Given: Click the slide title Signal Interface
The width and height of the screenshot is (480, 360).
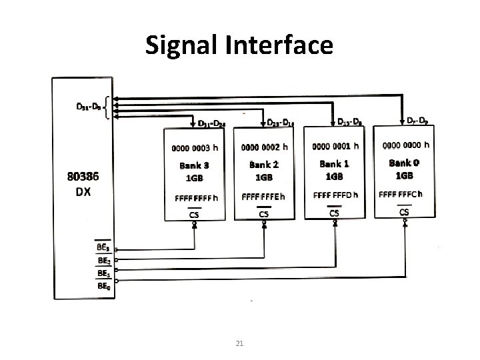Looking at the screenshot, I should pyautogui.click(x=239, y=45).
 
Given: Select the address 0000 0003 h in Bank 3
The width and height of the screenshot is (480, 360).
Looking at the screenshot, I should pyautogui.click(x=195, y=146).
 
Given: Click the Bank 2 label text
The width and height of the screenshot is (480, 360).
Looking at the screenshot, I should pyautogui.click(x=264, y=164).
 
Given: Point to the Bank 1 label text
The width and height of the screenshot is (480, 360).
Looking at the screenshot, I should pyautogui.click(x=333, y=163).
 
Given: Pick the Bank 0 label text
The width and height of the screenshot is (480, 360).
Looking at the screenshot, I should pyautogui.click(x=405, y=163).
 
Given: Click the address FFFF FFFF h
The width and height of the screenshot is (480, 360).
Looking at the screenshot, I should pyautogui.click(x=196, y=198).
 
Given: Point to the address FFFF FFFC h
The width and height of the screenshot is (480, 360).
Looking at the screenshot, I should pyautogui.click(x=405, y=194).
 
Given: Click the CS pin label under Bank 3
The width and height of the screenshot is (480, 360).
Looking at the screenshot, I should pyautogui.click(x=194, y=215).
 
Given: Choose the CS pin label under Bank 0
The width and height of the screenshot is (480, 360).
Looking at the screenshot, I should pyautogui.click(x=404, y=211).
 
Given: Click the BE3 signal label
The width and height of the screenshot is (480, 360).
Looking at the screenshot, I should pyautogui.click(x=103, y=248).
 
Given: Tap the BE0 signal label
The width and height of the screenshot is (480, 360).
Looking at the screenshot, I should pyautogui.click(x=103, y=285).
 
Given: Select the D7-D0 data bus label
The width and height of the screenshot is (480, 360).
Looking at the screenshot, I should pyautogui.click(x=417, y=121).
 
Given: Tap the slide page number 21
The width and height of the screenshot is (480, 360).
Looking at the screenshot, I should pyautogui.click(x=240, y=343).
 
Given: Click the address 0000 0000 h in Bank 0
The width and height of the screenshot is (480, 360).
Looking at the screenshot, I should pyautogui.click(x=405, y=144).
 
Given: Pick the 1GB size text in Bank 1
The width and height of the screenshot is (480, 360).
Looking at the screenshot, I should pyautogui.click(x=334, y=177).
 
